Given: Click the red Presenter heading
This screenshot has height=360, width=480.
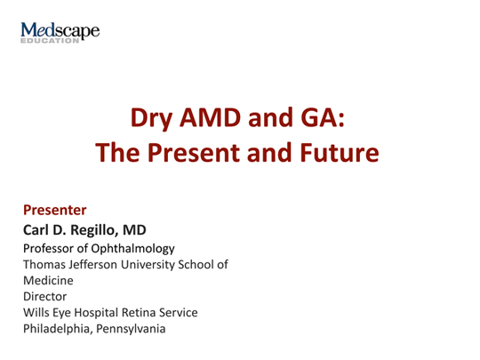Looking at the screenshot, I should tap(54, 211).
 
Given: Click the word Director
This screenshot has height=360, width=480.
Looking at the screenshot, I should tap(44, 296).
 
